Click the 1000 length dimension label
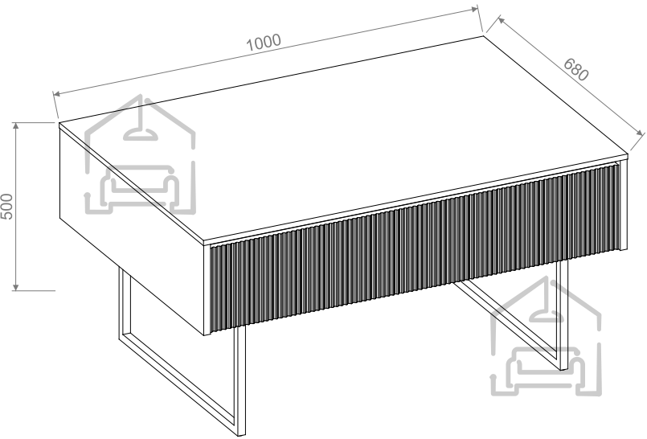click(264, 42)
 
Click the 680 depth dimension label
click(576, 69)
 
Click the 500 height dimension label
click(7, 207)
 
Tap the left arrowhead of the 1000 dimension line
click(56, 93)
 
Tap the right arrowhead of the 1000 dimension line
click(474, 9)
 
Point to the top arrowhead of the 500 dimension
click(16, 125)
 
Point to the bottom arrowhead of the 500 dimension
click(16, 287)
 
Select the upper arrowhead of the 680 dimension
click(501, 20)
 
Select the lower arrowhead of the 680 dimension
click(640, 133)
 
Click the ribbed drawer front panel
click(415, 248)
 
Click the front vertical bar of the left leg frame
click(240, 380)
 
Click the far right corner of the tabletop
click(627, 155)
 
